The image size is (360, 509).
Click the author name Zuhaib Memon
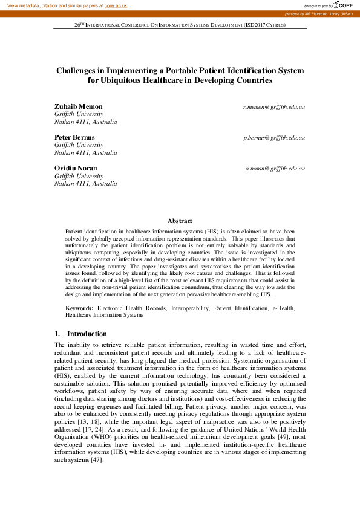(x=79, y=106)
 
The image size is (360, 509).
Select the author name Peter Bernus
(x=74, y=137)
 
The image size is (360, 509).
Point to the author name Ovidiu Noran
(x=76, y=167)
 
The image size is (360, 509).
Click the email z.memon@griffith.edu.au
(x=274, y=107)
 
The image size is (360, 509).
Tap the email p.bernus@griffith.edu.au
(x=274, y=138)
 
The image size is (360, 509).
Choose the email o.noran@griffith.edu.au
(x=275, y=168)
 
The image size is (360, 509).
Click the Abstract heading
(x=180, y=221)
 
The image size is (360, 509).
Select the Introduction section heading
(x=87, y=334)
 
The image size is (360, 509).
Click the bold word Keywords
(x=79, y=308)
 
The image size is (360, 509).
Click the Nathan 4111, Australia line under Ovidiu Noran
(x=86, y=183)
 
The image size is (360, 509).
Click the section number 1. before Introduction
(x=57, y=334)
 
